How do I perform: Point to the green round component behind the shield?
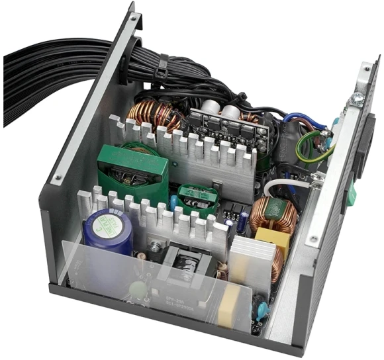pyautogui.click(x=138, y=290)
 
